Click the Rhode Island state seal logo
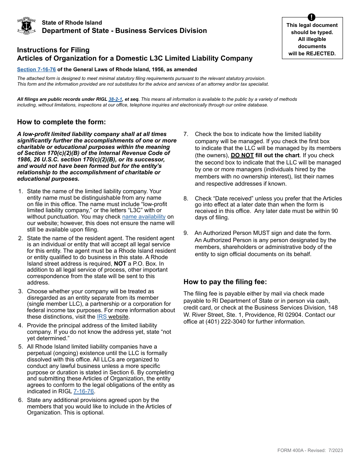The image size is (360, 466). click(x=27, y=26)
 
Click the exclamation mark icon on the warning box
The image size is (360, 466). click(x=311, y=17)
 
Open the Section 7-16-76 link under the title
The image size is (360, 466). click(x=36, y=70)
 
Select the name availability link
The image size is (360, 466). click(x=144, y=217)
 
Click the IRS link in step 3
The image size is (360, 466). click(x=102, y=317)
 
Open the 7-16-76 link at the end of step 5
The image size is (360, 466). click(x=83, y=391)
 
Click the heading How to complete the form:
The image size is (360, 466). click(x=61, y=122)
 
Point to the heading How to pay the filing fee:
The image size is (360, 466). click(x=225, y=281)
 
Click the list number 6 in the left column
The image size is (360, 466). click(x=20, y=400)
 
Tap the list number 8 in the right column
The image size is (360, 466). click(x=186, y=199)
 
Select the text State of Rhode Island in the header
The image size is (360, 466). click(x=72, y=23)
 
